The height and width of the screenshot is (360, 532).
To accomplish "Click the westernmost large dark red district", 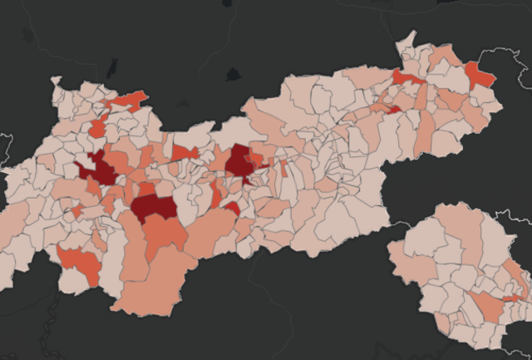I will (x=101, y=170).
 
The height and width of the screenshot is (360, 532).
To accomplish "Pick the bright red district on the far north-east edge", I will (x=480, y=76).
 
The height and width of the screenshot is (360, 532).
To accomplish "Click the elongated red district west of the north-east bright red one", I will (x=407, y=78).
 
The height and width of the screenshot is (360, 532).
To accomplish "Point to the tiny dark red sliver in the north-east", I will (x=394, y=109).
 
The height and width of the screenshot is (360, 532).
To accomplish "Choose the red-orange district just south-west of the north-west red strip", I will (x=98, y=128).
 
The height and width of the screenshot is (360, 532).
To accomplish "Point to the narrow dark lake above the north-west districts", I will (x=111, y=69).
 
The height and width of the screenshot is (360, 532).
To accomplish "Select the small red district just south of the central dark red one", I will (x=232, y=208).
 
